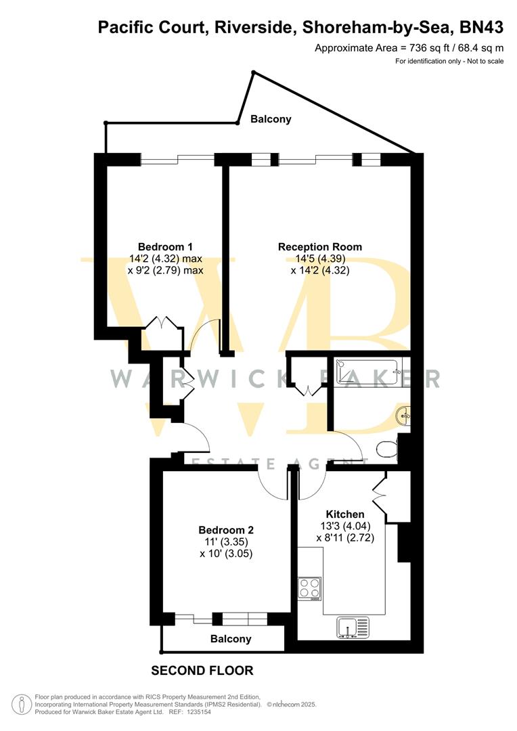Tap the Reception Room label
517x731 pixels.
(319, 246)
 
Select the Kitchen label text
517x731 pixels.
(345, 514)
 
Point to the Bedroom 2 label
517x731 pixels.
(226, 529)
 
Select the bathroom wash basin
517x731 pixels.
(404, 415)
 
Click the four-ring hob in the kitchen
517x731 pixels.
(309, 588)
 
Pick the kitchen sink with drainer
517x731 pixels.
(352, 627)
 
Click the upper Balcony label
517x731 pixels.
(271, 119)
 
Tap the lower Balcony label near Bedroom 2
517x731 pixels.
(231, 638)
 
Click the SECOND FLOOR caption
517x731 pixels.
(202, 671)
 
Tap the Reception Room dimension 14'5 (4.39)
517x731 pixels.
(319, 259)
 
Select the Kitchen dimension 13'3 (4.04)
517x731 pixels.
(345, 526)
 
